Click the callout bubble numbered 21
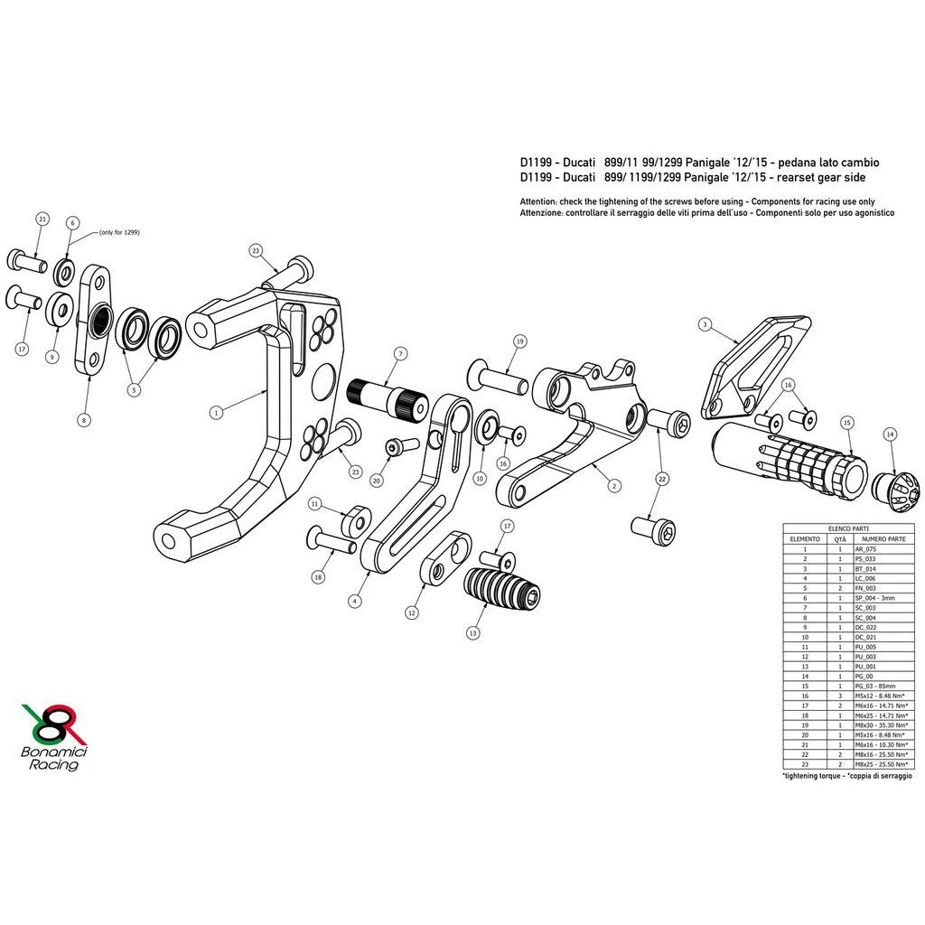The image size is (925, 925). pos(42,220)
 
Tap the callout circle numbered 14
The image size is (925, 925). pos(891,434)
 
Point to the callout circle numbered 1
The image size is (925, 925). pos(216,412)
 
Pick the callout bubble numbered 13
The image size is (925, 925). pos(472,633)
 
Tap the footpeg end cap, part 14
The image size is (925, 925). pos(895,485)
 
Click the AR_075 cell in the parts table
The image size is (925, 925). pos(864,548)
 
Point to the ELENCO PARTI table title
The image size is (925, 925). pos(847,528)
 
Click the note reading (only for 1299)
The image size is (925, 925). pos(119,232)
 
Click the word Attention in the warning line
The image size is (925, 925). pos(540,201)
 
